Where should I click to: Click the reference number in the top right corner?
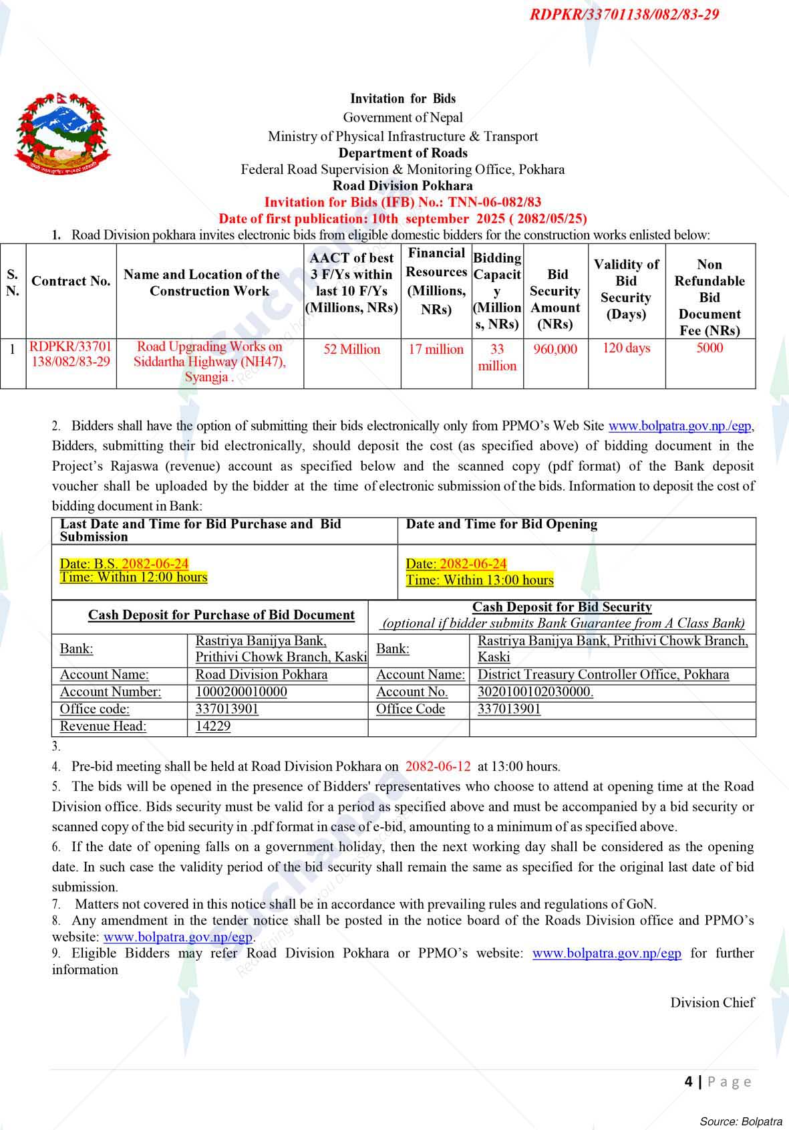624,15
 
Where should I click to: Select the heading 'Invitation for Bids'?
403,99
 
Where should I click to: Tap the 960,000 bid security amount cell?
555,349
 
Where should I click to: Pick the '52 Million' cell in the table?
351,349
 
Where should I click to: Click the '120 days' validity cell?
626,348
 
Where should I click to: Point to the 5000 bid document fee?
709,348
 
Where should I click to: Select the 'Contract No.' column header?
71,281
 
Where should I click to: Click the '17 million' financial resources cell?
436,349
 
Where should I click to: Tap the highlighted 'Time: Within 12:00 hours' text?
134,578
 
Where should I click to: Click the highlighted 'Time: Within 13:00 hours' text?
480,580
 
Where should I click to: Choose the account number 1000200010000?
241,692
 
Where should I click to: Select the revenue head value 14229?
213,727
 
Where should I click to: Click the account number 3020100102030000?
535,692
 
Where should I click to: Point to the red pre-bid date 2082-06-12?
438,767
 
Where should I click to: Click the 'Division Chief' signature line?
712,1002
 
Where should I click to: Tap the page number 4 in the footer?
688,1081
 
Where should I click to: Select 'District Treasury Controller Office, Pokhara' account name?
603,675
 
